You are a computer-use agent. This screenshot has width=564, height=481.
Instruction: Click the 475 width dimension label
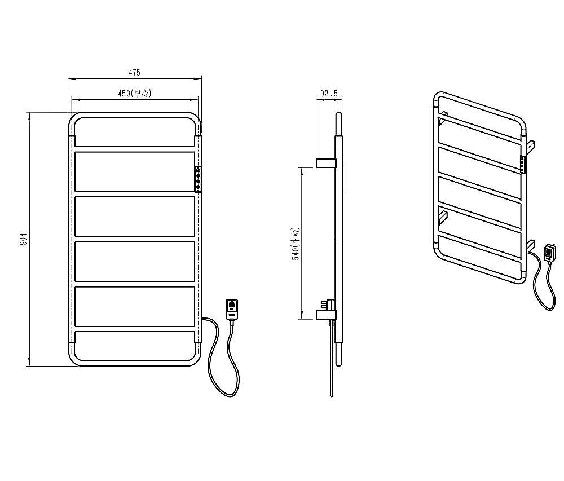click(134, 73)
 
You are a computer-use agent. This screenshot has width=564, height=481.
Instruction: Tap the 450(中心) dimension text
click(135, 93)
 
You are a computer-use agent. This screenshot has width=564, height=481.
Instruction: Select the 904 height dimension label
click(24, 239)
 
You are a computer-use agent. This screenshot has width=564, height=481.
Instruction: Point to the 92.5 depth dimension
click(329, 94)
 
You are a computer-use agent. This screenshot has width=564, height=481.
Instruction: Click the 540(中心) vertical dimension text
click(296, 244)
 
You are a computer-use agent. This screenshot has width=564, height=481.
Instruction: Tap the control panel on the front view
click(198, 179)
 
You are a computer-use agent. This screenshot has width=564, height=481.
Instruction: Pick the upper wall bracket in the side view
click(326, 162)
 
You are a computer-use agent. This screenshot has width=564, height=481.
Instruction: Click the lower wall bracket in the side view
click(326, 315)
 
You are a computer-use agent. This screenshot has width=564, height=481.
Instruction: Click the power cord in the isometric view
click(543, 282)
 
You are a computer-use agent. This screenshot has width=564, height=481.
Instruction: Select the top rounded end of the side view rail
click(338, 115)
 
